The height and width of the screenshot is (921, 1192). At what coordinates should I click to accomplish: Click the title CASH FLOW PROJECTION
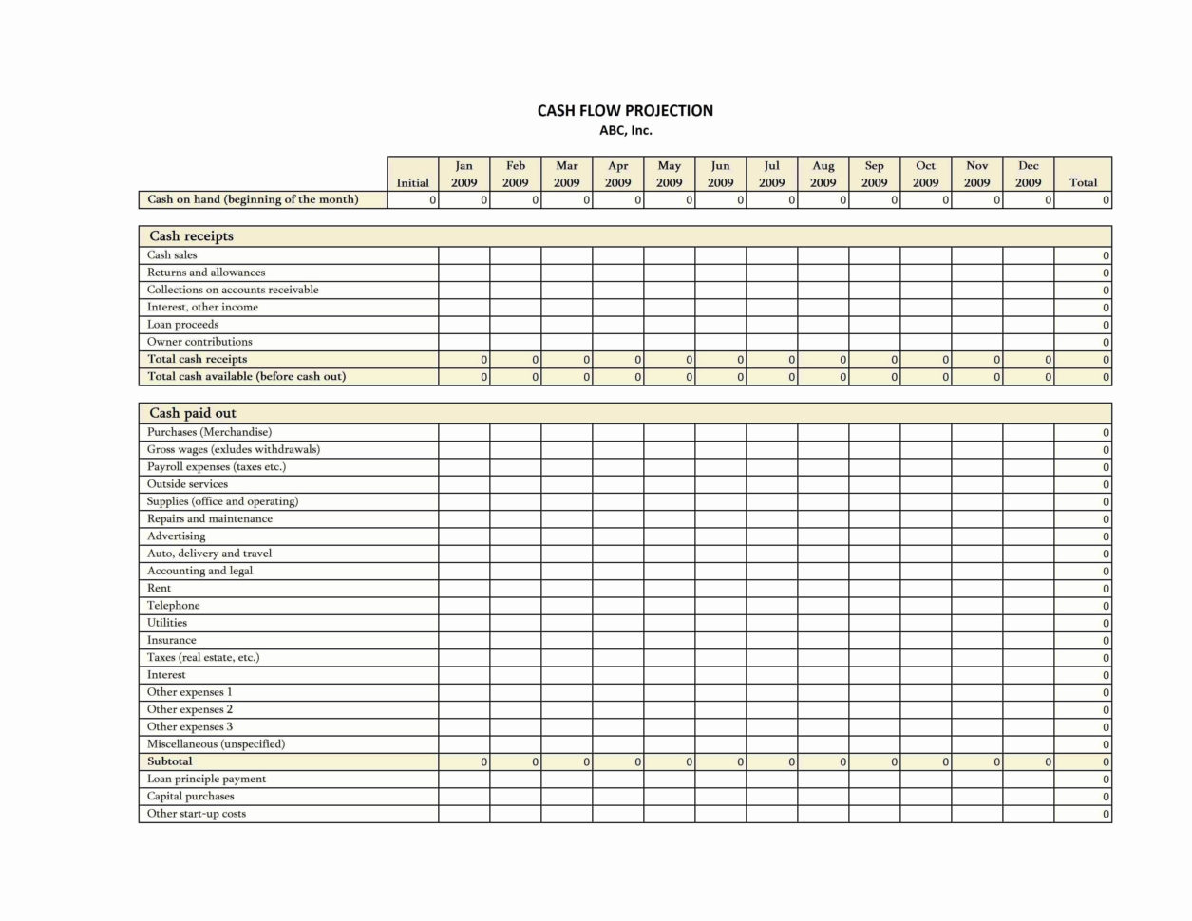point(625,111)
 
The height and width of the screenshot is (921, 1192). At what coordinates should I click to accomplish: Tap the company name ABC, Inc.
point(625,131)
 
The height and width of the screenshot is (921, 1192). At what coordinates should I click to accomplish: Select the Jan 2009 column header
point(464,174)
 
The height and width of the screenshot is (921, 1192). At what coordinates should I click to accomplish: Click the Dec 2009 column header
point(1029,174)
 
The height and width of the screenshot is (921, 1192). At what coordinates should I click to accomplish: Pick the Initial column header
point(413,182)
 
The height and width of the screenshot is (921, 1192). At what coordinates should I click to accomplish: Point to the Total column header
point(1083,182)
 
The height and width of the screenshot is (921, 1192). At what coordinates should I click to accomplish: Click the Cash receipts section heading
point(191,236)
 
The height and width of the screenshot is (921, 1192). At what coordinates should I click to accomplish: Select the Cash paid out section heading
point(193,413)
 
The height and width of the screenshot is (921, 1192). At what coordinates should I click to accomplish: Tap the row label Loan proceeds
point(182,325)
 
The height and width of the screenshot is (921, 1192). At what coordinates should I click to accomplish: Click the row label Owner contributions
point(199,342)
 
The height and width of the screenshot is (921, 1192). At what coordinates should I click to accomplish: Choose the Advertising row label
point(176,536)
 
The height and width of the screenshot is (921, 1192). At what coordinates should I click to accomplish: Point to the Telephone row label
point(173,606)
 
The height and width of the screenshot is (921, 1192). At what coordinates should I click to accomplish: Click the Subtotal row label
point(169,761)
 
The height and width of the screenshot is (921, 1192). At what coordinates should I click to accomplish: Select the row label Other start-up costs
point(196,814)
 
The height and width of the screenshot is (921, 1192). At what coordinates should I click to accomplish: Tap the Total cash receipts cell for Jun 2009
point(721,360)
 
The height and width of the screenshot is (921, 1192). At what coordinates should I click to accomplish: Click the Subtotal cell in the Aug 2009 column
point(823,761)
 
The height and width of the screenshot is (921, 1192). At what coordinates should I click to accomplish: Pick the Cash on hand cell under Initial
point(413,200)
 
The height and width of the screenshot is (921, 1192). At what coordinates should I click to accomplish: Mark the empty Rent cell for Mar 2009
point(567,589)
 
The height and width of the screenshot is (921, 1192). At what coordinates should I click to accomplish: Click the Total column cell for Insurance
point(1083,641)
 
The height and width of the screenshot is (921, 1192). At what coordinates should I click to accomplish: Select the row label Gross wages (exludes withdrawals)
point(233,450)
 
